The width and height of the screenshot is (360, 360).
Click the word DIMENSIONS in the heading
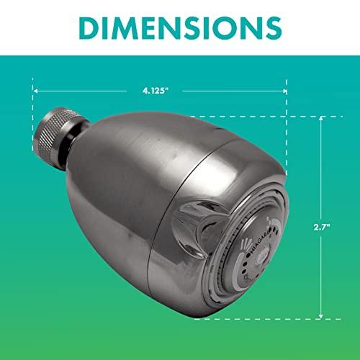(x=180, y=28)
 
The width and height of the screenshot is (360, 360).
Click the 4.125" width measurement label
(x=160, y=91)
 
